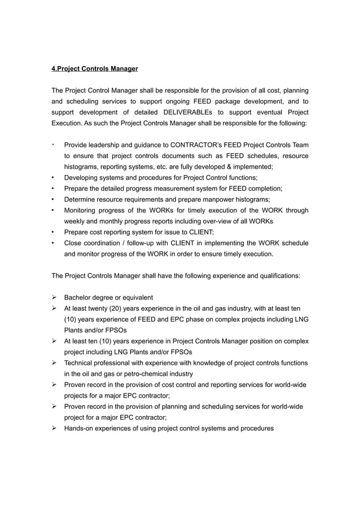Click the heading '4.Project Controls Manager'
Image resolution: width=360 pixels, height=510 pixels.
[x=95, y=69]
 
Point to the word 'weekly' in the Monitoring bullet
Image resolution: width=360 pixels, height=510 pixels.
[x=74, y=221]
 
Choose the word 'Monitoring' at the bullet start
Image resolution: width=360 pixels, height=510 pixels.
[x=82, y=210]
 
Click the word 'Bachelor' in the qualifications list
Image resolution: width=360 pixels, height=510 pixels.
[x=77, y=298]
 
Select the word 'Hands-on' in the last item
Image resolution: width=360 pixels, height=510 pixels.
[x=79, y=428]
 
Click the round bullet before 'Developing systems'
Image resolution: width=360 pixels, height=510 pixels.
[x=52, y=178]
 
